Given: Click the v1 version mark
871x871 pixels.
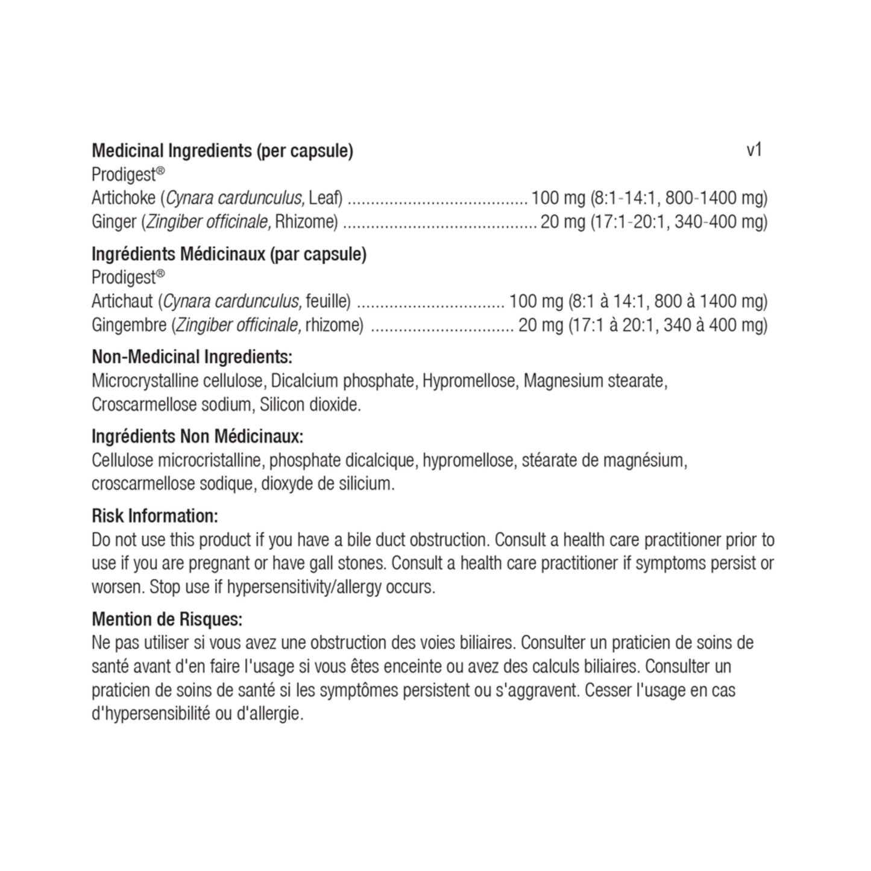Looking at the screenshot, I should tap(754, 150).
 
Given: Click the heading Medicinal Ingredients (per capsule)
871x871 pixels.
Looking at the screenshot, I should tap(222, 151).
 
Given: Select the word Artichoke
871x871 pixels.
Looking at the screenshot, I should tap(124, 198).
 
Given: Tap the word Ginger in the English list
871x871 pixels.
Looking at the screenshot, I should tap(113, 222).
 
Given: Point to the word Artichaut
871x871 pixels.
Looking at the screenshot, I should tap(122, 301).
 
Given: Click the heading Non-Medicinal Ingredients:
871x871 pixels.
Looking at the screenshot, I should tap(192, 357).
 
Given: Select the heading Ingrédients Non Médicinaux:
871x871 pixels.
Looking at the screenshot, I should tap(197, 436).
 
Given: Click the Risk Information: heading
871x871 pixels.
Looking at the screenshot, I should tap(154, 516).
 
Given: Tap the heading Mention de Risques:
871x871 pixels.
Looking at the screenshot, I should tap(167, 619).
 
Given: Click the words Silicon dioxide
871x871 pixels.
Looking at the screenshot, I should tap(310, 404).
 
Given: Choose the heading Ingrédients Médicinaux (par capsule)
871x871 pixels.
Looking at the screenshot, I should tap(228, 254).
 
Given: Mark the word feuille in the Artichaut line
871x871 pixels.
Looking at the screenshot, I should tap(328, 301).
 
